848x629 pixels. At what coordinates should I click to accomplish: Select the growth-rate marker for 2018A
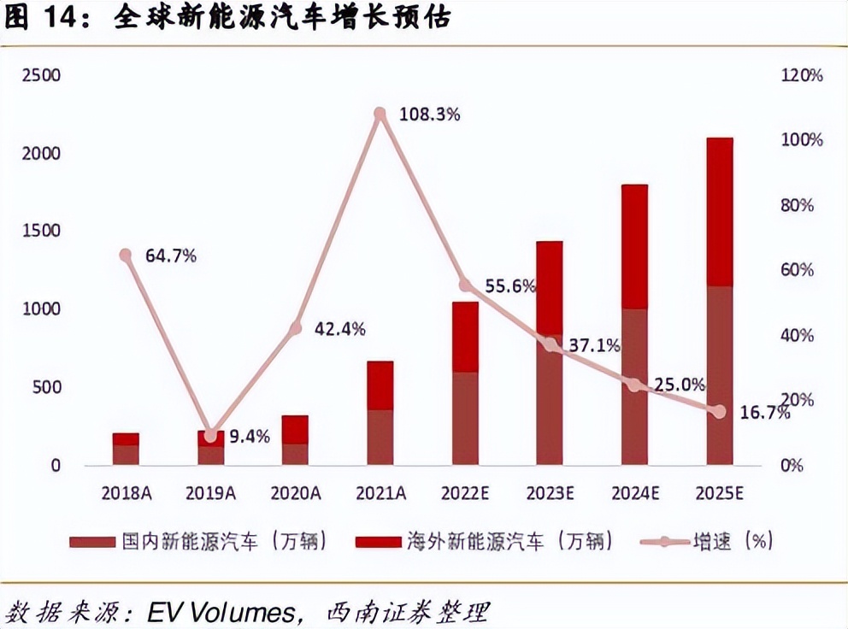(126, 255)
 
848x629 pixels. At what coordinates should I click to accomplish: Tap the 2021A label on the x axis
(380, 493)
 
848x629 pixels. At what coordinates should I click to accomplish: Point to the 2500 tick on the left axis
(41, 75)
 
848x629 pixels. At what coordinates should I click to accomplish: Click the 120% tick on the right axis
(802, 75)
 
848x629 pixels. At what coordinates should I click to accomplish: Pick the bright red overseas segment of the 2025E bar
(720, 211)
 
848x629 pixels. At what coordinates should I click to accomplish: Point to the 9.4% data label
(249, 437)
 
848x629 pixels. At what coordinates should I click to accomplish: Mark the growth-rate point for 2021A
(380, 114)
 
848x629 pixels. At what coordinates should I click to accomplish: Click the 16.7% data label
(761, 413)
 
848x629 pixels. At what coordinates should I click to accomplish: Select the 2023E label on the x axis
(550, 493)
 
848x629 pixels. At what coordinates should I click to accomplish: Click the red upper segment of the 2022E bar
(465, 337)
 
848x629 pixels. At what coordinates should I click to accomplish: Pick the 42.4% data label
(339, 328)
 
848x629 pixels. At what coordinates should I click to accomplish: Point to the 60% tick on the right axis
(802, 270)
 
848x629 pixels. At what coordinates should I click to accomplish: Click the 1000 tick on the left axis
(41, 309)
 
